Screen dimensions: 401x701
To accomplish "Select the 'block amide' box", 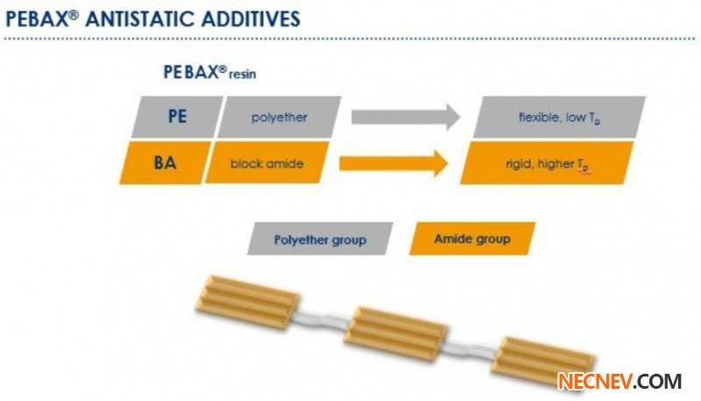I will [266, 162].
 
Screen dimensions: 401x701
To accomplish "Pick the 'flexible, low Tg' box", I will [559, 117].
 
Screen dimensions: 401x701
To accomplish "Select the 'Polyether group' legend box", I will [321, 239].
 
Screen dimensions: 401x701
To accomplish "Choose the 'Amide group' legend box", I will [471, 239].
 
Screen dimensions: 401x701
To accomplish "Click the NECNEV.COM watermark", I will [620, 382].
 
